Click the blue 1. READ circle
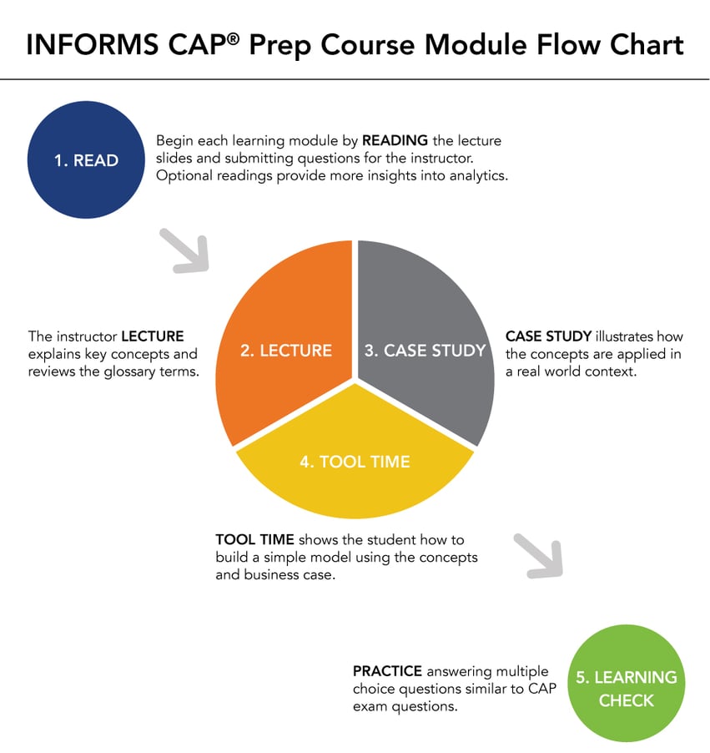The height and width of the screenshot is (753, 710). coord(86,160)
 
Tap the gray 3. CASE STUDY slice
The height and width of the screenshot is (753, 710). coord(425,334)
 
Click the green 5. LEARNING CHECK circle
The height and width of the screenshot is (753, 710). coord(626,688)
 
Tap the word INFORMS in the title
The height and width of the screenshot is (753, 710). coord(97,45)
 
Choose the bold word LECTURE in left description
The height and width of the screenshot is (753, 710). coord(153,336)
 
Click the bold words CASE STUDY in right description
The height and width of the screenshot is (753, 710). coord(548,336)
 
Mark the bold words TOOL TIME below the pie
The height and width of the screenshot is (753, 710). coord(254,539)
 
